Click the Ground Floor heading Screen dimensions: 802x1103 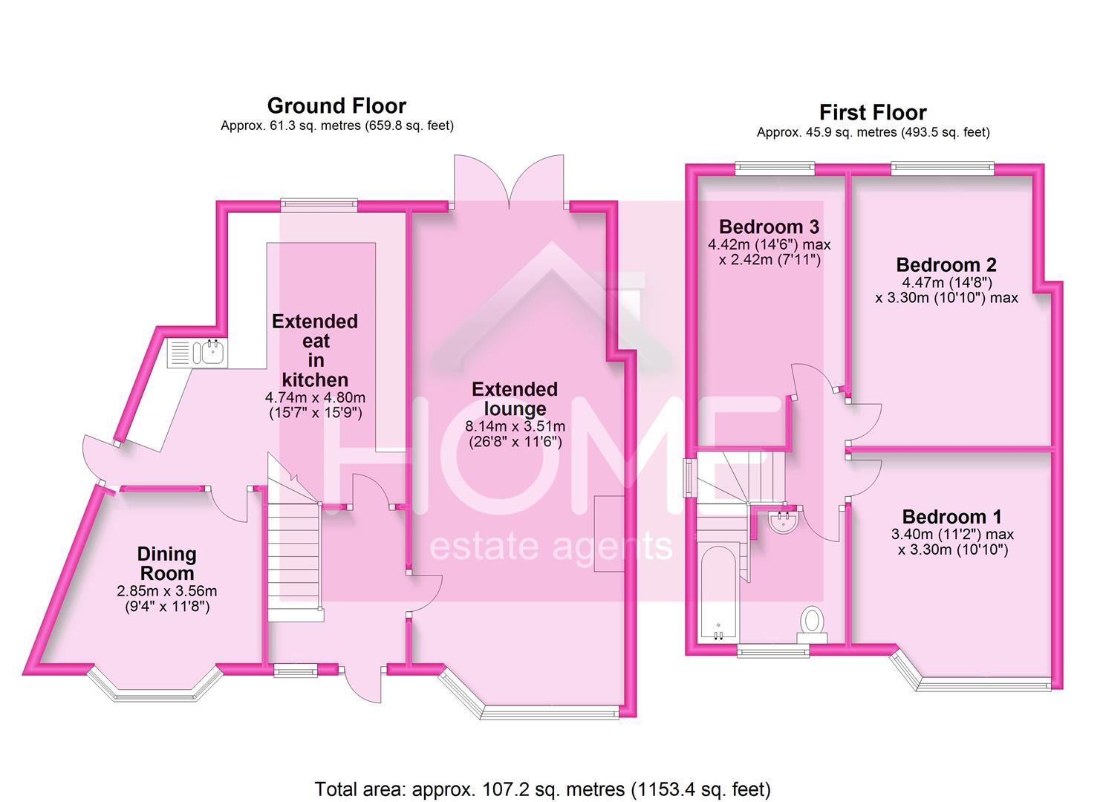(x=336, y=106)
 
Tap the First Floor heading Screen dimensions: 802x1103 (x=873, y=113)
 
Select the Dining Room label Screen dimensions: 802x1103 (x=166, y=564)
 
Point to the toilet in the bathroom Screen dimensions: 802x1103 (x=812, y=623)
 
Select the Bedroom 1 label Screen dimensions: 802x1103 (x=951, y=517)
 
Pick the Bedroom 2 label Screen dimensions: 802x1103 (x=946, y=265)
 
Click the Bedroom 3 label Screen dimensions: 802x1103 (x=769, y=226)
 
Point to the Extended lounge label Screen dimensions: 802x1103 (x=514, y=399)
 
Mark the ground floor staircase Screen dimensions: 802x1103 (x=294, y=550)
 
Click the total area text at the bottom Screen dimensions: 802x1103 (x=542, y=789)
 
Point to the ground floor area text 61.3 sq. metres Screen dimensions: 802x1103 (x=336, y=126)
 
